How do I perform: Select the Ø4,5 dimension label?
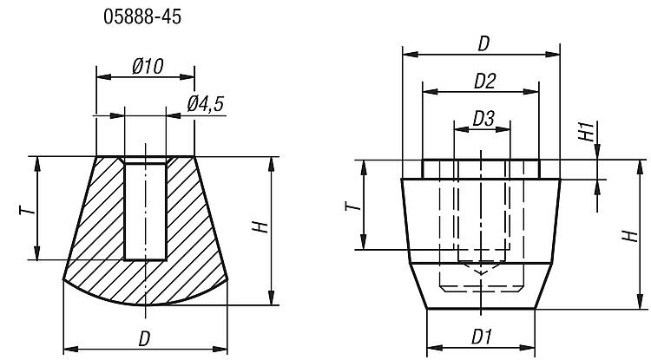(206, 104)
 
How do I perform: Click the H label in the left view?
(258, 228)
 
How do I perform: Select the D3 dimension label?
(483, 118)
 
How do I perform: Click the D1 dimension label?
(483, 335)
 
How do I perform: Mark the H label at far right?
(628, 235)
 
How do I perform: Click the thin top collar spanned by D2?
(481, 168)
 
